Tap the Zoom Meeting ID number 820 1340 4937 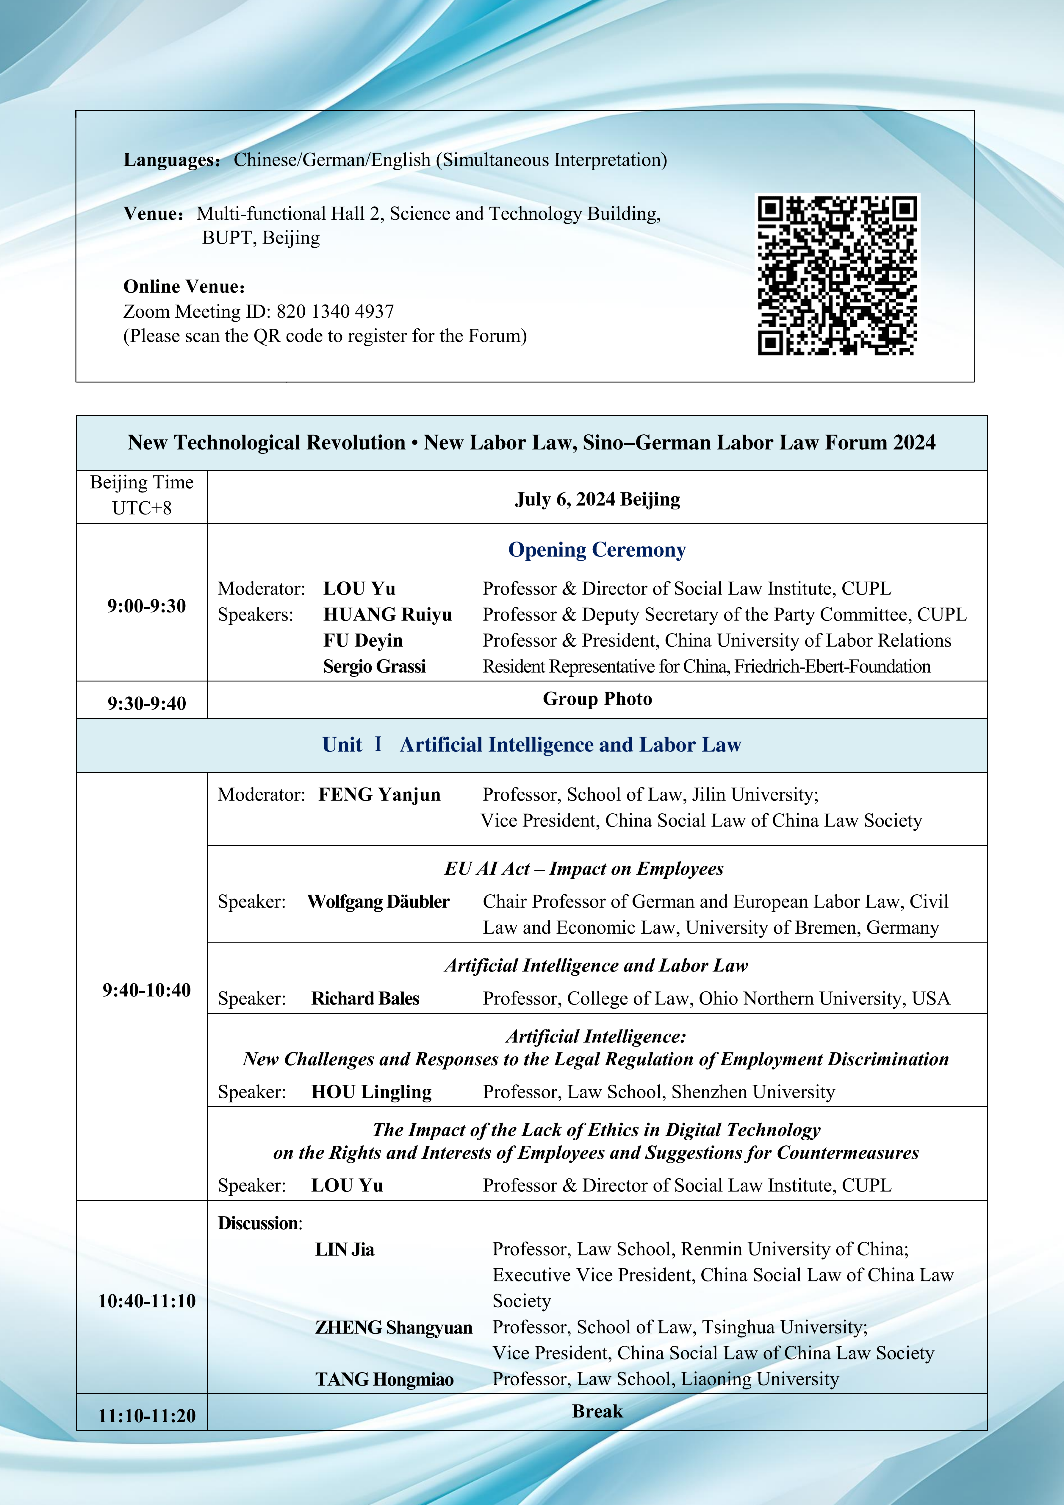pyautogui.click(x=335, y=311)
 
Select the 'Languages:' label pyautogui.click(x=172, y=160)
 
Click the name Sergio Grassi pyautogui.click(x=374, y=667)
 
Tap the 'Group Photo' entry pyautogui.click(x=597, y=699)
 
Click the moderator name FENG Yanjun pyautogui.click(x=379, y=794)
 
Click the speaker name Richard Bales pyautogui.click(x=365, y=998)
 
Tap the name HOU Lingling pyautogui.click(x=372, y=1092)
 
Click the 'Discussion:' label pyautogui.click(x=259, y=1223)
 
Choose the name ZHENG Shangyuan pyautogui.click(x=393, y=1327)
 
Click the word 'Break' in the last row pyautogui.click(x=597, y=1411)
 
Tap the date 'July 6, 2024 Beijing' pyautogui.click(x=597, y=500)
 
